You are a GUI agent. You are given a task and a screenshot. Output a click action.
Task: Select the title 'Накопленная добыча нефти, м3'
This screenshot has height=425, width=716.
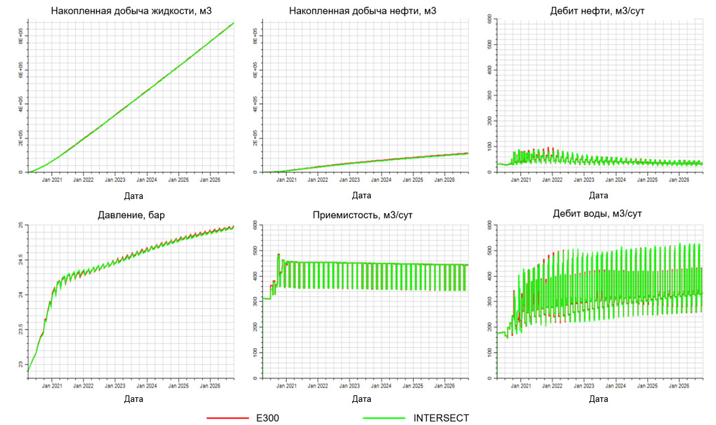click(362, 11)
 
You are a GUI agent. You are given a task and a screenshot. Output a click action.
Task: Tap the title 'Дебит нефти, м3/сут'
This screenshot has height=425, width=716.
click(598, 11)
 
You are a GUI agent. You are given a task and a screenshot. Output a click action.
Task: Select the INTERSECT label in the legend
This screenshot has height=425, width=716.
click(441, 418)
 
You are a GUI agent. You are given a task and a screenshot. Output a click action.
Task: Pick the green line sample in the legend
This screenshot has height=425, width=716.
click(383, 418)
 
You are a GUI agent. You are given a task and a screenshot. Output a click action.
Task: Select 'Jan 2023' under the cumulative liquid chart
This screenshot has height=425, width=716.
click(115, 179)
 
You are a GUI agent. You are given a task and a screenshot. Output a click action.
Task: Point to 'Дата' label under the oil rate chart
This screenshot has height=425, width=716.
click(598, 196)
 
